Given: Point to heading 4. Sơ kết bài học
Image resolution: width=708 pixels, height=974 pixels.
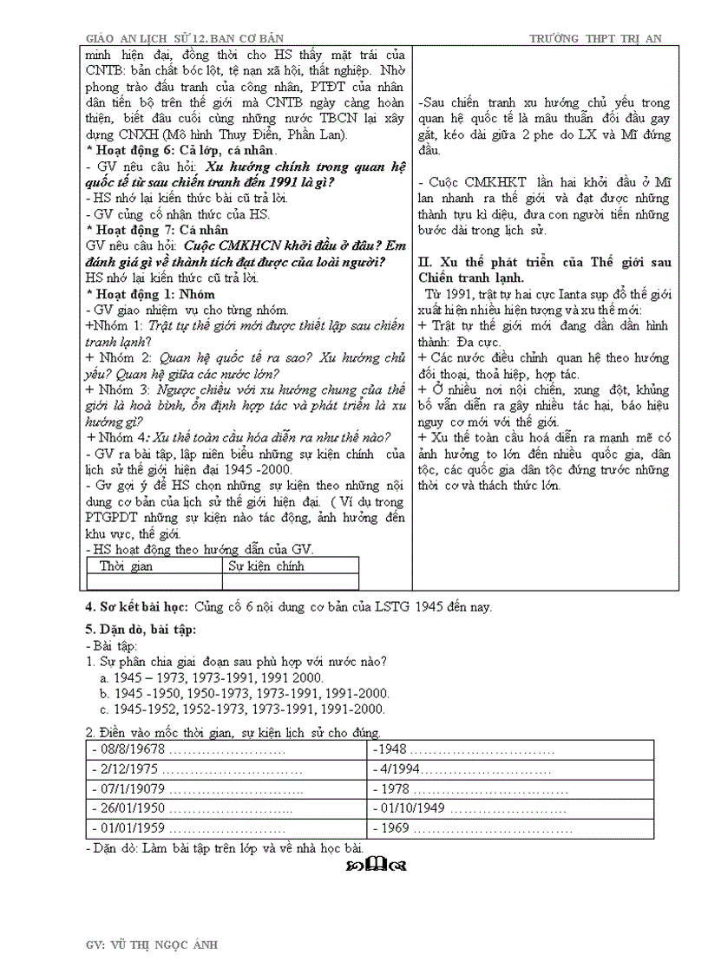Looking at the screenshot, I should click(139, 606).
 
